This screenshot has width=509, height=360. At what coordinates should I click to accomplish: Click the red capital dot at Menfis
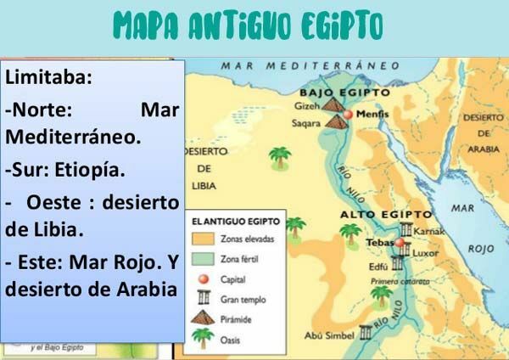pos(348,114)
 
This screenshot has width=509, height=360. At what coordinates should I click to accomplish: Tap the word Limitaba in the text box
pos(48,77)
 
